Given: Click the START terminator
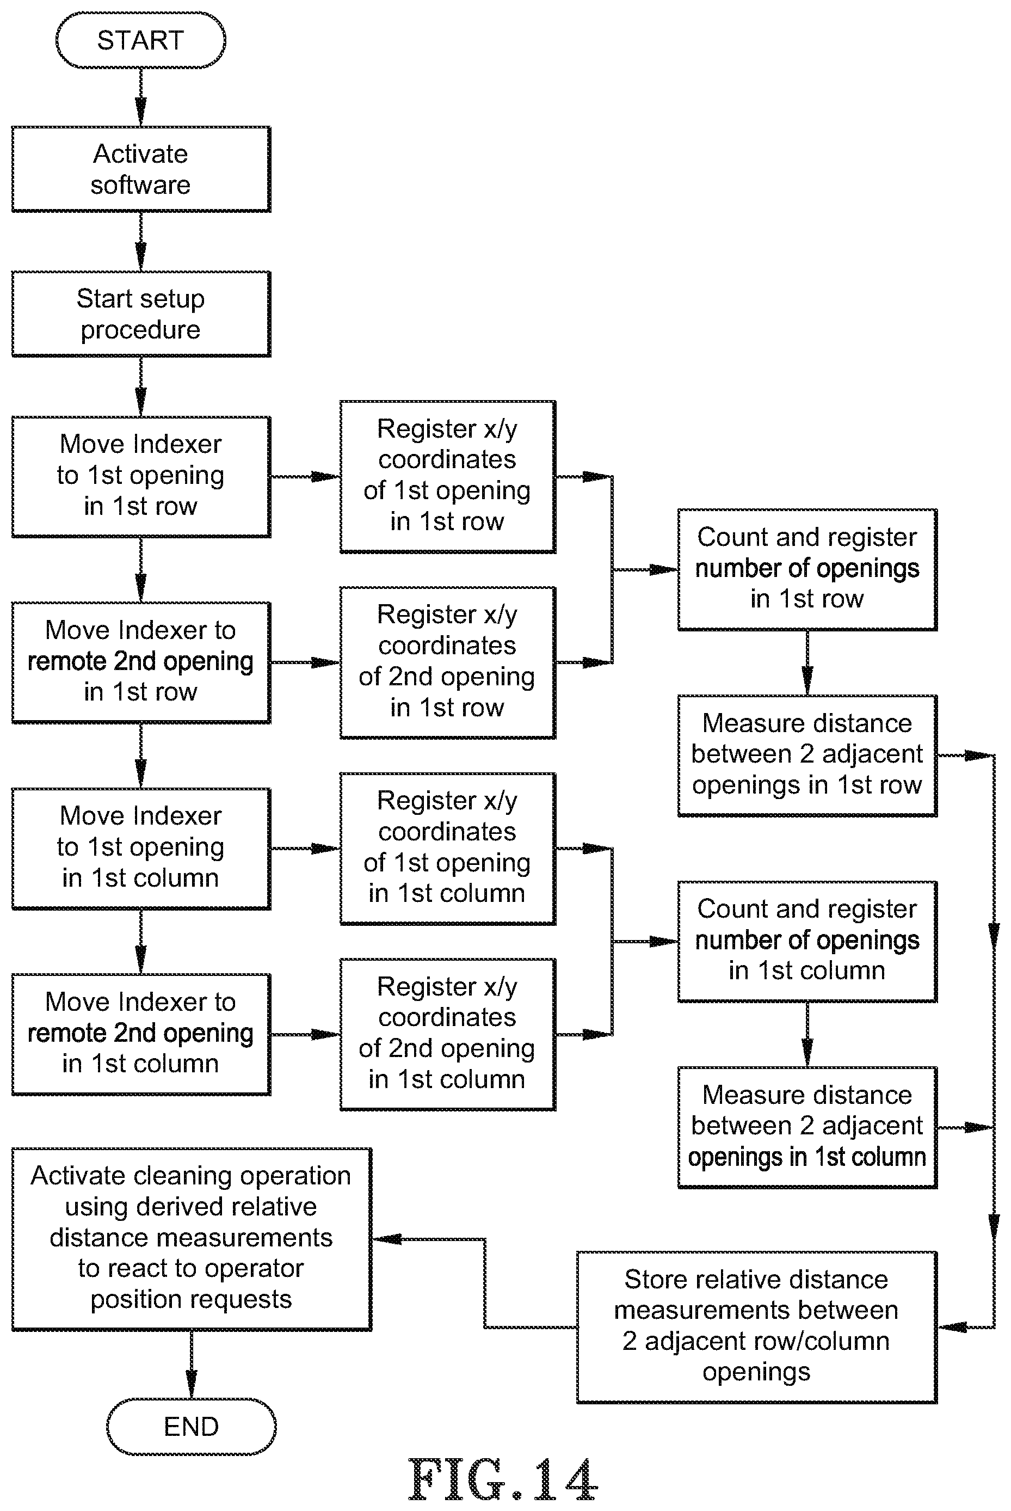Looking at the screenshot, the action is pos(140,40).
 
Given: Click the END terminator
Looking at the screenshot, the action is pos(191,1426).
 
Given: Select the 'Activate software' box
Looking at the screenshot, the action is pos(140,169).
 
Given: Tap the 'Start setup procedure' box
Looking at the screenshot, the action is pos(140,314).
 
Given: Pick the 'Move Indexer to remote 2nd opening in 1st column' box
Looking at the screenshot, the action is pos(140,1034).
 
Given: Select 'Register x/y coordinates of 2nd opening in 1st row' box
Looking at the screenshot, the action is pos(447,662).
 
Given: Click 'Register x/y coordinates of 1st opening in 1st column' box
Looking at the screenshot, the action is pos(447,848).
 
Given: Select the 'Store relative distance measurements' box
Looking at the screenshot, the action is pos(756,1326).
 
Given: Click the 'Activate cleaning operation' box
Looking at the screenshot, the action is pos(191,1238).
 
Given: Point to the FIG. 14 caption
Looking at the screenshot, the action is pos(503,1480).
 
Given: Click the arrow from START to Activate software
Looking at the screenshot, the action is pos(140,97).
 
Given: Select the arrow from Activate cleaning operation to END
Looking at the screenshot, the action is pos(191,1364).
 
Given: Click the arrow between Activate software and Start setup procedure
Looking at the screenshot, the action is pos(140,241).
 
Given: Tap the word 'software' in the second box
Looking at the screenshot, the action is pos(140,185).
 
